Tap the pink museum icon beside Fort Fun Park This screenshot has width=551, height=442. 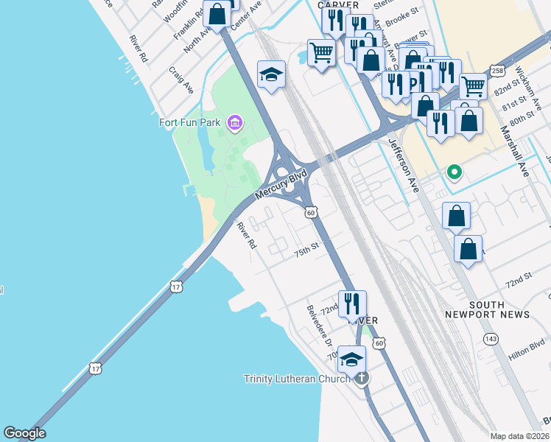tap(235, 122)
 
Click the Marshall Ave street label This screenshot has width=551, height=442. tap(515, 150)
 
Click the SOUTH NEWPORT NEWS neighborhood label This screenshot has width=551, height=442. tap(487, 309)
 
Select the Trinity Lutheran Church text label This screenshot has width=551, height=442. tap(298, 379)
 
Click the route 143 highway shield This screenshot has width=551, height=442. tap(491, 338)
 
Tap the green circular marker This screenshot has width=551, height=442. tap(455, 172)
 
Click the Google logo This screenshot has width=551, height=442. tap(24, 433)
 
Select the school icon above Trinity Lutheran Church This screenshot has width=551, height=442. tap(352, 359)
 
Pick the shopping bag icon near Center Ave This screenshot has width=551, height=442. tap(217, 13)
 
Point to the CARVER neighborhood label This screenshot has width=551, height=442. tap(338, 4)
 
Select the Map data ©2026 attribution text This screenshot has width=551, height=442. tap(519, 435)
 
